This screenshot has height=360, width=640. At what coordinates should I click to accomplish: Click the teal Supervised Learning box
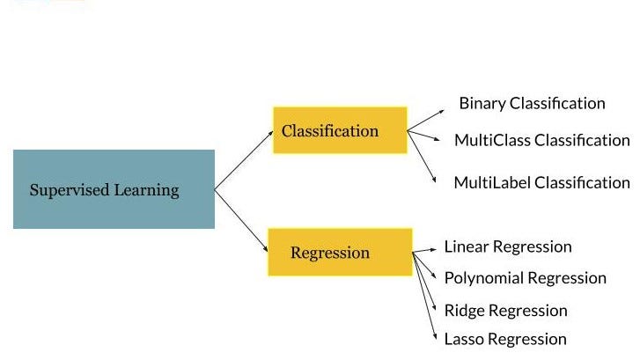pos(114,189)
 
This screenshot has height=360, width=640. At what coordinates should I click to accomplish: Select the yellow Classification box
pos(340,130)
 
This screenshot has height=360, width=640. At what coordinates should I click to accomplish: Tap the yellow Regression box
pos(340,252)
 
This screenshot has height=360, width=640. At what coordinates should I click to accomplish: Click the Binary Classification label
pos(532,103)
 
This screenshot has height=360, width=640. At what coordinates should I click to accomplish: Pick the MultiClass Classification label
pos(541,140)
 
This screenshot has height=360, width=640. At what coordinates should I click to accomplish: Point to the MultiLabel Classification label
pos(541,183)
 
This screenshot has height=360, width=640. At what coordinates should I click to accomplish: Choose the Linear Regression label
pos(507,246)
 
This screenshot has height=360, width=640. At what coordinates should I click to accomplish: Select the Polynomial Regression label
pos(525,278)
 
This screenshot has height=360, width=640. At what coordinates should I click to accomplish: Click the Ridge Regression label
pos(505,310)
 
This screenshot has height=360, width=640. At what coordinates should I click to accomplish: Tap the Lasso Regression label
pos(504,339)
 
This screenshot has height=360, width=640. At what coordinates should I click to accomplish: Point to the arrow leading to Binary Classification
pos(426,120)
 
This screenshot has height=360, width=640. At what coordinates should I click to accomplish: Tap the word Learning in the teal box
pos(146,190)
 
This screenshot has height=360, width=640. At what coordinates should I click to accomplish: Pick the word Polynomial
pos(482,278)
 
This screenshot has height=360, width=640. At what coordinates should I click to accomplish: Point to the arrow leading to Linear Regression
pos(424,251)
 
